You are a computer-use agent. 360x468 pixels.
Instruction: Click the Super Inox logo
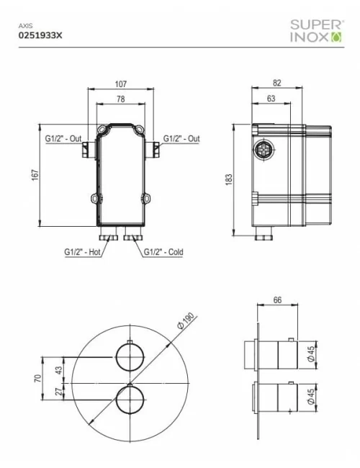click(316, 29)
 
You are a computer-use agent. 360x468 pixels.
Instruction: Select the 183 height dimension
click(229, 178)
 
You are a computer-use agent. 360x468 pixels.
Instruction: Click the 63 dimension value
click(271, 99)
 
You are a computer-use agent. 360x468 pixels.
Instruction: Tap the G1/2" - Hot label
click(81, 252)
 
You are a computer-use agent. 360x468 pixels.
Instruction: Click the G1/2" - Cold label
click(164, 252)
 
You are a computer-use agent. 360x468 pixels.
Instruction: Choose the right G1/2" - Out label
click(181, 138)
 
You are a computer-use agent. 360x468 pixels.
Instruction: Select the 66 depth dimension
click(277, 301)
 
